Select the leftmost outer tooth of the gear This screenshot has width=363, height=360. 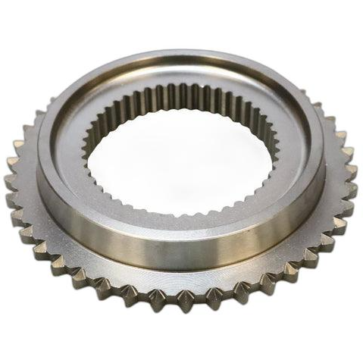(x=10, y=182)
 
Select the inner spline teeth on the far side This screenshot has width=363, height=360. (x=182, y=99)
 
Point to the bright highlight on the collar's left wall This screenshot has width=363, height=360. (x=57, y=197)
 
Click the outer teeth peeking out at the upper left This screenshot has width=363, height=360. (x=34, y=121)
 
